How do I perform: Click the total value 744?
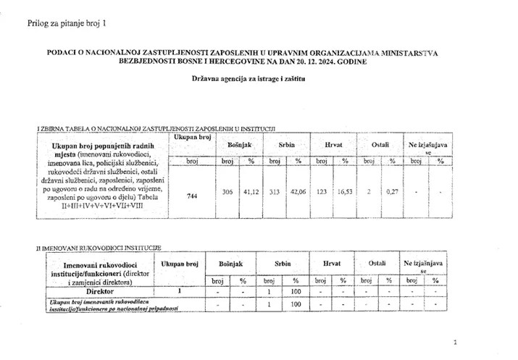click(192, 196)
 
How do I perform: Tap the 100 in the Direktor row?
click(296, 291)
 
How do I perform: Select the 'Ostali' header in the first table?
click(380, 145)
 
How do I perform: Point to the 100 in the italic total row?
click(296, 304)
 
